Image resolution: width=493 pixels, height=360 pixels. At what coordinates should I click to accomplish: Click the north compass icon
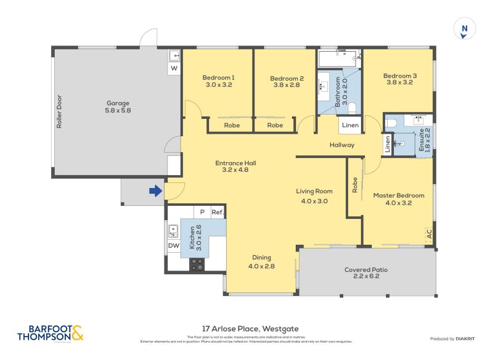click(x=465, y=29)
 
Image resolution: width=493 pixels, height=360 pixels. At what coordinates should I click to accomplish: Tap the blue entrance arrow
click(x=155, y=192)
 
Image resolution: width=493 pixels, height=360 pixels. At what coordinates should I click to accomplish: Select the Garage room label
click(x=118, y=107)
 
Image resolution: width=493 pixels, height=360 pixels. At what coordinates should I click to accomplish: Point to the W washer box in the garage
click(x=174, y=68)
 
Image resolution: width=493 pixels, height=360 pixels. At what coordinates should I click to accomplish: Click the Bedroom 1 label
click(x=218, y=81)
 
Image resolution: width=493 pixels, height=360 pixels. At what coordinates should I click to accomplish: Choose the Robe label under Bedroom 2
click(x=275, y=125)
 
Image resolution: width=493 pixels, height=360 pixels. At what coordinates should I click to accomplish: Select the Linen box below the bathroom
click(x=350, y=126)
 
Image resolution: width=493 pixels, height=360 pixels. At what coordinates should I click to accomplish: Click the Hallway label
click(x=342, y=145)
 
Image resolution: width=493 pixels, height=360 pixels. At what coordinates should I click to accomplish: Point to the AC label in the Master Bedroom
click(x=429, y=235)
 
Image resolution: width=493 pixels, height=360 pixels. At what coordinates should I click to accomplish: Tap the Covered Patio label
click(x=366, y=273)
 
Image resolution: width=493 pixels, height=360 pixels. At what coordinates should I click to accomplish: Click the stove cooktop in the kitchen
click(x=197, y=264)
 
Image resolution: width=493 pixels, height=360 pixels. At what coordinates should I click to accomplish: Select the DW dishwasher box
click(x=174, y=246)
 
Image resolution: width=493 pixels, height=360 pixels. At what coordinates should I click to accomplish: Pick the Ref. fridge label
click(x=217, y=212)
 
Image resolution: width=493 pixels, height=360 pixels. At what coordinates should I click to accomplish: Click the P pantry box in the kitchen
click(x=202, y=212)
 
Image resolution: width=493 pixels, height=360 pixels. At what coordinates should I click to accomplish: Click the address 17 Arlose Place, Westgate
click(x=250, y=329)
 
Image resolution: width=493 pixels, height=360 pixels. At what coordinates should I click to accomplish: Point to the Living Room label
click(x=314, y=195)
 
